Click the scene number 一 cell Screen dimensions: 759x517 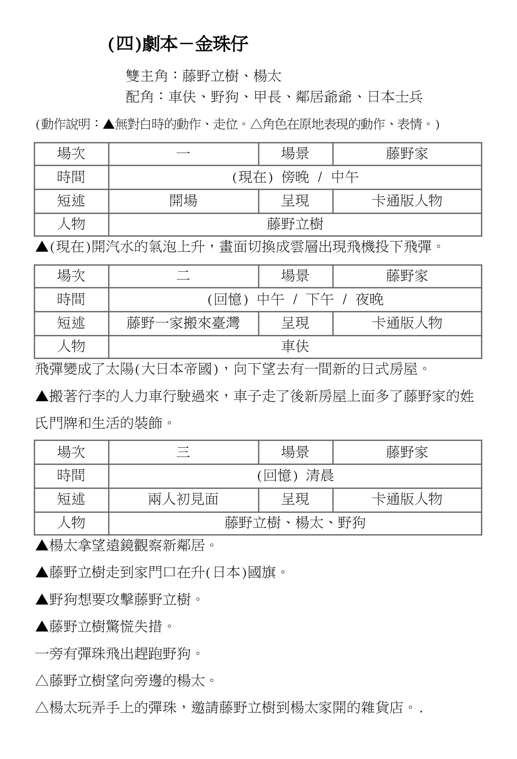click(183, 153)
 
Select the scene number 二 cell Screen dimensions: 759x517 click(183, 276)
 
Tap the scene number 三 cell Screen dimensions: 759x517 click(183, 452)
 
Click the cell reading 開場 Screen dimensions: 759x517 click(183, 201)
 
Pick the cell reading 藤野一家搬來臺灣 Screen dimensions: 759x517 click(183, 323)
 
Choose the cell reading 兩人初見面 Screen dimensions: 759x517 click(183, 499)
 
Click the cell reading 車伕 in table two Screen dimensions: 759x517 click(295, 347)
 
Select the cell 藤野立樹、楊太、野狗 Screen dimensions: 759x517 click(295, 523)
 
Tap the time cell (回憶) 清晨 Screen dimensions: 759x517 click(295, 475)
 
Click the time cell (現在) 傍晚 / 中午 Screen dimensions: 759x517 click(295, 177)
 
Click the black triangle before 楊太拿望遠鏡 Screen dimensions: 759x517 click(42, 545)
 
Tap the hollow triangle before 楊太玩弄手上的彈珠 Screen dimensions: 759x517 click(42, 708)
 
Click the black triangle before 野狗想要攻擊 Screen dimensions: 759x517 click(42, 600)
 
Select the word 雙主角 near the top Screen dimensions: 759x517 click(147, 76)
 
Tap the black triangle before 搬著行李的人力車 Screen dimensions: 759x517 click(42, 396)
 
